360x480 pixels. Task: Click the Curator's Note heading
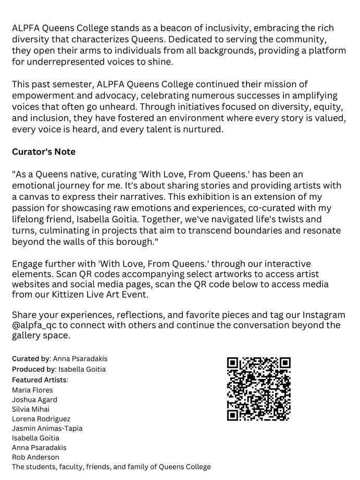[x=44, y=152]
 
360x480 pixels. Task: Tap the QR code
[x=258, y=389]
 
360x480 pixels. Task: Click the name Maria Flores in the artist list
[x=32, y=390]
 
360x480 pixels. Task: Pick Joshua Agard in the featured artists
[x=34, y=400]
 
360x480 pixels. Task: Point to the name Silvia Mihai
[x=31, y=409]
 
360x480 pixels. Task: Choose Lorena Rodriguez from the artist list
[x=41, y=419]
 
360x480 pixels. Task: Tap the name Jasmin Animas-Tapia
[x=47, y=428]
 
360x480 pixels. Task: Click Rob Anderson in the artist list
[x=35, y=457]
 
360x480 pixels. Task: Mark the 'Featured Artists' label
[x=40, y=380]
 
